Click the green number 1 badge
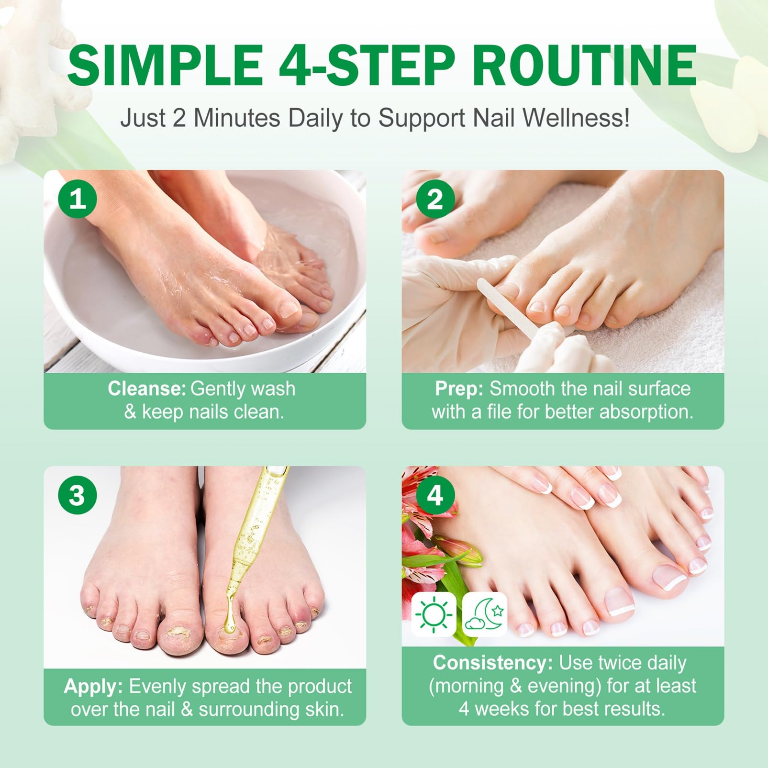click(78, 199)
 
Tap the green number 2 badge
click(435, 199)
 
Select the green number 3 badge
click(78, 495)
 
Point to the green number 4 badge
click(435, 495)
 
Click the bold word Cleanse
click(146, 389)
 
